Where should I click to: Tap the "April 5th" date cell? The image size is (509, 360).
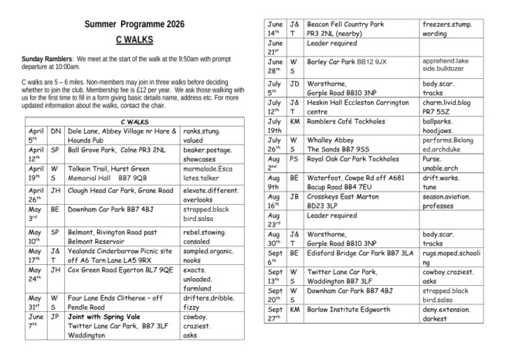(36, 137)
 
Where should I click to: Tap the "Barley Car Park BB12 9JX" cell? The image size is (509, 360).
(351, 61)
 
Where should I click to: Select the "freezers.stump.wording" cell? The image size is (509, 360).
(446, 29)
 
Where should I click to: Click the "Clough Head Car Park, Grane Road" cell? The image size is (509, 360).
(120, 190)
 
